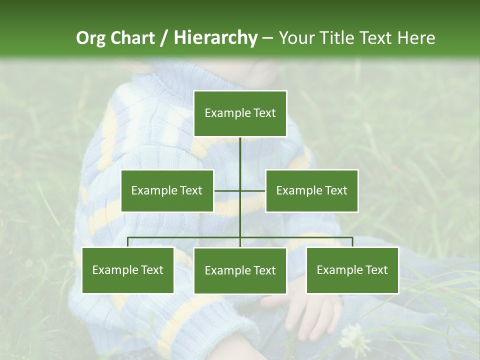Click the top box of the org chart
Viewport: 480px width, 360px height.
(240, 113)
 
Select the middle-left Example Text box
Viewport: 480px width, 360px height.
(167, 190)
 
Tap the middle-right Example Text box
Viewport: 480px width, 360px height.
(311, 190)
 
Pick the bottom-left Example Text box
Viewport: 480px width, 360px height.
(127, 270)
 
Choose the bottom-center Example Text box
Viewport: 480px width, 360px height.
(240, 270)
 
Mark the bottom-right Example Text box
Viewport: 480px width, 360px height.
(352, 270)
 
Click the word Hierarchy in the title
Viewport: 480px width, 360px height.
(215, 37)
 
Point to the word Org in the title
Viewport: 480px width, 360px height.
(91, 38)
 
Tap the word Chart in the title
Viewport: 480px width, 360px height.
(132, 37)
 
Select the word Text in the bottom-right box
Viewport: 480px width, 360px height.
(376, 270)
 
